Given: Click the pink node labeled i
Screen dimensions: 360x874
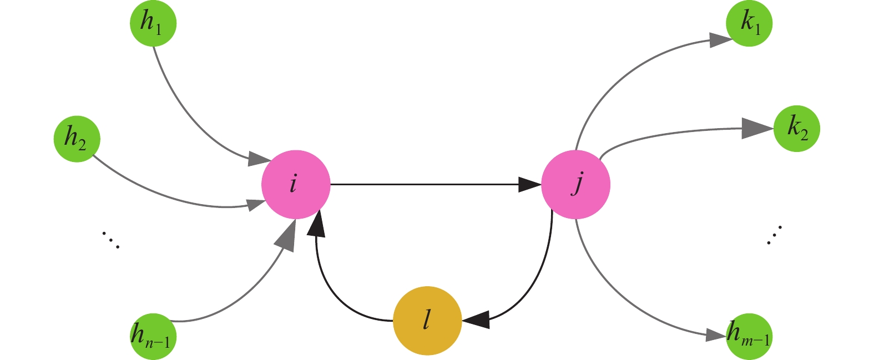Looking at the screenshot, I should [296, 184].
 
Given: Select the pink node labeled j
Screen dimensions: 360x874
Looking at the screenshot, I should [575, 184].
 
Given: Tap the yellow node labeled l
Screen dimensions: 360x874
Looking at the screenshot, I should [427, 321].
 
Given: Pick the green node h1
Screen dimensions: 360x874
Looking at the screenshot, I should [153, 23].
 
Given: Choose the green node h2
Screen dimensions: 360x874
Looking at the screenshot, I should [77, 139].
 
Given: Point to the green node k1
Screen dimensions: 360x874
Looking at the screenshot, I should [749, 23].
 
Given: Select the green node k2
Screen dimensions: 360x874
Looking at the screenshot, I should [796, 129].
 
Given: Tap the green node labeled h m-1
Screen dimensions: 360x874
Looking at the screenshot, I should [749, 336].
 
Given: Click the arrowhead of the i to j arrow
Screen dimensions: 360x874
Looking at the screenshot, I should [529, 184].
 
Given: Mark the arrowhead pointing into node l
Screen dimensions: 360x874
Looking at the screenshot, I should [476, 319].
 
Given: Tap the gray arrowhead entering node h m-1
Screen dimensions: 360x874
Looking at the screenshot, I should [716, 334].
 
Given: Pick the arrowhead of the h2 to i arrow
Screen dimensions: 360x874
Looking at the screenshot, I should [256, 204].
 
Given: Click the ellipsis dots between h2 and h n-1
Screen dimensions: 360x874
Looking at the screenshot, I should [110, 240].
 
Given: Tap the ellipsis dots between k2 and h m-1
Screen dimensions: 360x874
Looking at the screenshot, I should [774, 236].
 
